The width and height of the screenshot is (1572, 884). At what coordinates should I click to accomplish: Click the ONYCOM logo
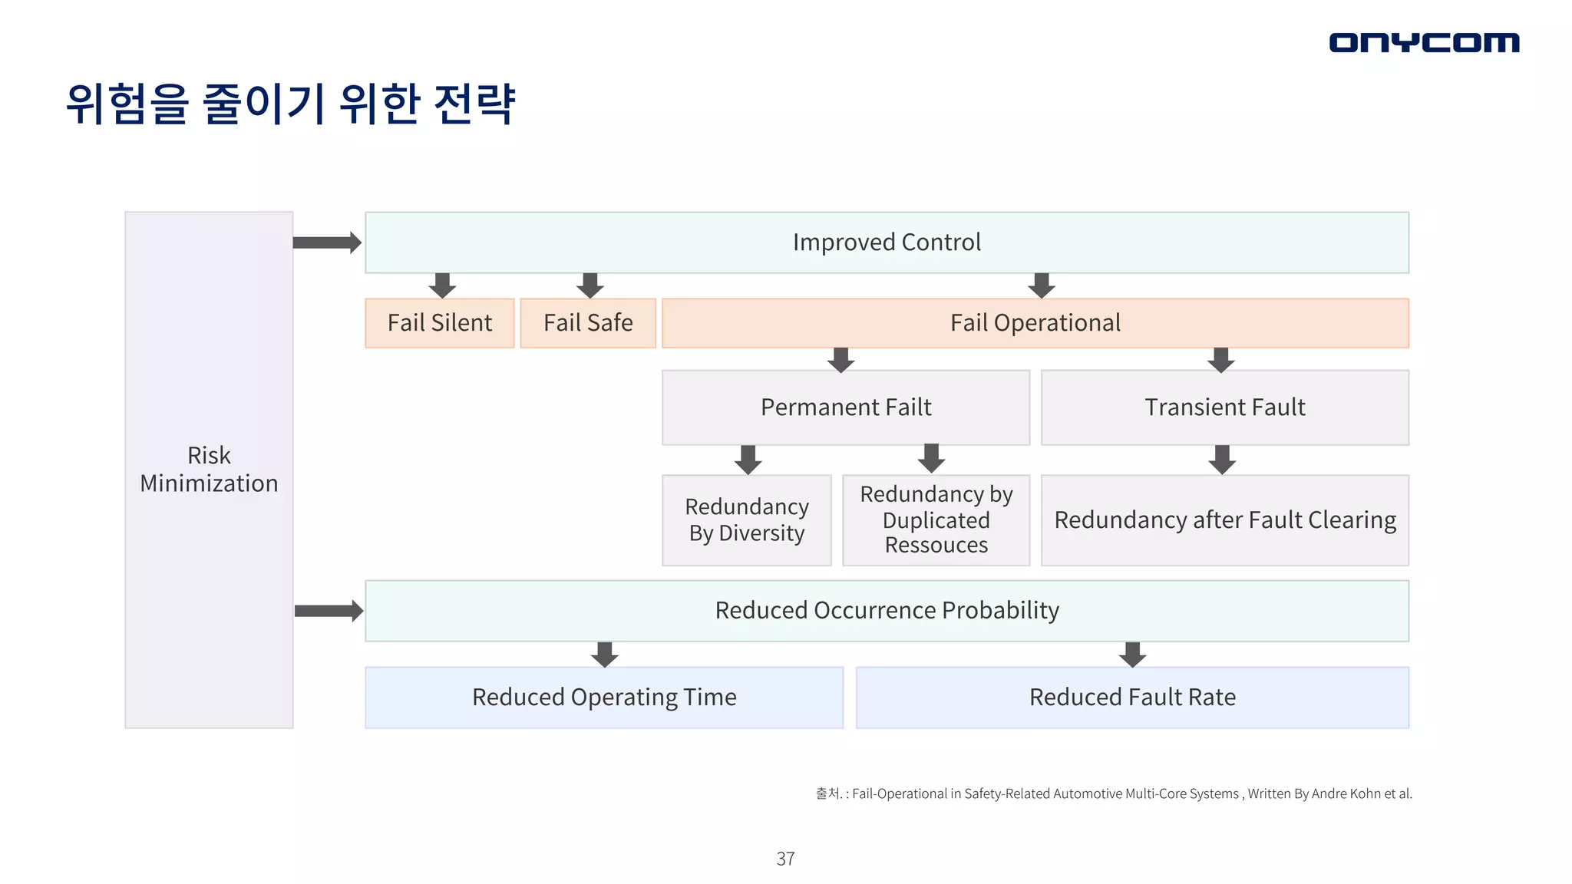coord(1424,42)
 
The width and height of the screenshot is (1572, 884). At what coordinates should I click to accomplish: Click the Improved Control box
coord(887,242)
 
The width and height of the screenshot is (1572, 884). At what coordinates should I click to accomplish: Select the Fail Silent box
coord(440,323)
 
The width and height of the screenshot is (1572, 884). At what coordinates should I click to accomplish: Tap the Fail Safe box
coord(588,323)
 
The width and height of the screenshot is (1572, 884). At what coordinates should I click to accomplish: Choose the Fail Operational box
coord(1035,323)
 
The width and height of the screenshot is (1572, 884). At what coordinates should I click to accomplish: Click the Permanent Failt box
coord(846,407)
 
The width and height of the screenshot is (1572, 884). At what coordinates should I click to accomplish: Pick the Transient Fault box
coord(1224,407)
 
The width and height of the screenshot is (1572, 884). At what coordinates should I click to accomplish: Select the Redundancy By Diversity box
coord(747,520)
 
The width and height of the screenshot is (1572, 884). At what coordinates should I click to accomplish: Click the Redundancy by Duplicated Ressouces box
coord(936,520)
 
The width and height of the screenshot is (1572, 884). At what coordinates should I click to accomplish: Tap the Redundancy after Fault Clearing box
coord(1224,520)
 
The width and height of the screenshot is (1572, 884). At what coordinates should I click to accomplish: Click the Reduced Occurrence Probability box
coord(887,611)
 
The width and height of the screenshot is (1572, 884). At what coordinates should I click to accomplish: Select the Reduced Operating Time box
coord(604,698)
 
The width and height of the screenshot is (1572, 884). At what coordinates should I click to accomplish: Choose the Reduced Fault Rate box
coord(1132,698)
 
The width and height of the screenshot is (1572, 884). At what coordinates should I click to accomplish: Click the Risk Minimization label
coord(209,470)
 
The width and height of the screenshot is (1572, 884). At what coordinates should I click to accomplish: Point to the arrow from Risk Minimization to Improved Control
coord(327,242)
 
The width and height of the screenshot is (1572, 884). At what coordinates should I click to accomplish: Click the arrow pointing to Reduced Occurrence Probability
coord(329,611)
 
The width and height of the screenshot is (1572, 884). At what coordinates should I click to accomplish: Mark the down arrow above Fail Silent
coord(442,285)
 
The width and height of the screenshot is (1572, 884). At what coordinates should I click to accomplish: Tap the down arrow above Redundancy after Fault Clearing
coord(1222,460)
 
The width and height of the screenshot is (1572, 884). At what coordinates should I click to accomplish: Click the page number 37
coord(785,859)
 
